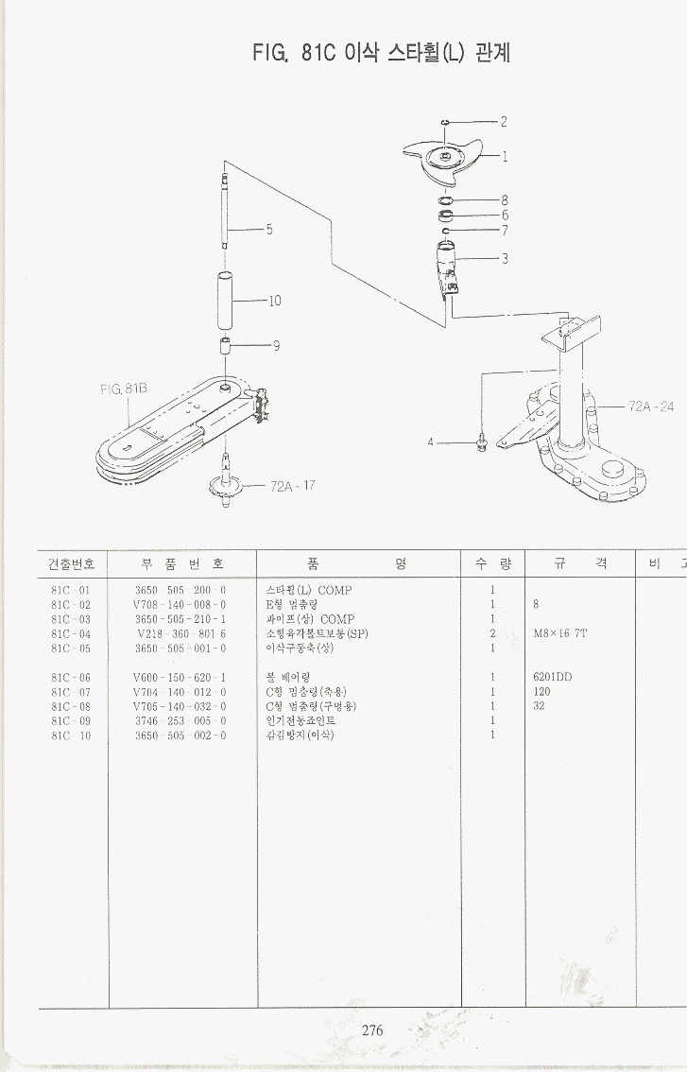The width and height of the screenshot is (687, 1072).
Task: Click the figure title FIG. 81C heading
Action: click(x=381, y=53)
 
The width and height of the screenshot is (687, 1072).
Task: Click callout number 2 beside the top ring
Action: click(x=504, y=121)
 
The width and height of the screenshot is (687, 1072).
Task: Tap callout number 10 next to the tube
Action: click(x=275, y=302)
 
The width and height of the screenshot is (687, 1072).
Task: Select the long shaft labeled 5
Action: click(x=225, y=213)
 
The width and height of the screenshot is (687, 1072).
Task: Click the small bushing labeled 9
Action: click(x=227, y=345)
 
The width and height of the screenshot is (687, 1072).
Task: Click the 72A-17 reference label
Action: click(x=292, y=487)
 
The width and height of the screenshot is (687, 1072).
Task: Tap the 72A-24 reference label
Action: click(x=651, y=406)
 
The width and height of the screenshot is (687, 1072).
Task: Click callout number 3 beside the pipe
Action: click(x=505, y=259)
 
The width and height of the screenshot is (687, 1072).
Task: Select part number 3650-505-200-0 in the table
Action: click(x=180, y=590)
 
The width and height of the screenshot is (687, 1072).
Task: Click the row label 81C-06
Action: click(x=71, y=677)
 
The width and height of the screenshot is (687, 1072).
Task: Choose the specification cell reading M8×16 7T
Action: click(x=559, y=633)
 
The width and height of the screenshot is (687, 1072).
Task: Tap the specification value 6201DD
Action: click(x=552, y=677)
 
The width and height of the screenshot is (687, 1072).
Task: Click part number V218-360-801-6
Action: click(x=180, y=633)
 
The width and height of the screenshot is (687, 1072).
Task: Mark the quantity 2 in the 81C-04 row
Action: click(x=492, y=633)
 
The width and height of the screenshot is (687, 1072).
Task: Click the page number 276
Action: click(x=372, y=1030)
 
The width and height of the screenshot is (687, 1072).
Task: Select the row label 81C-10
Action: click(x=71, y=735)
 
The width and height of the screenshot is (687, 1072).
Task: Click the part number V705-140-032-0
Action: click(x=180, y=706)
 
